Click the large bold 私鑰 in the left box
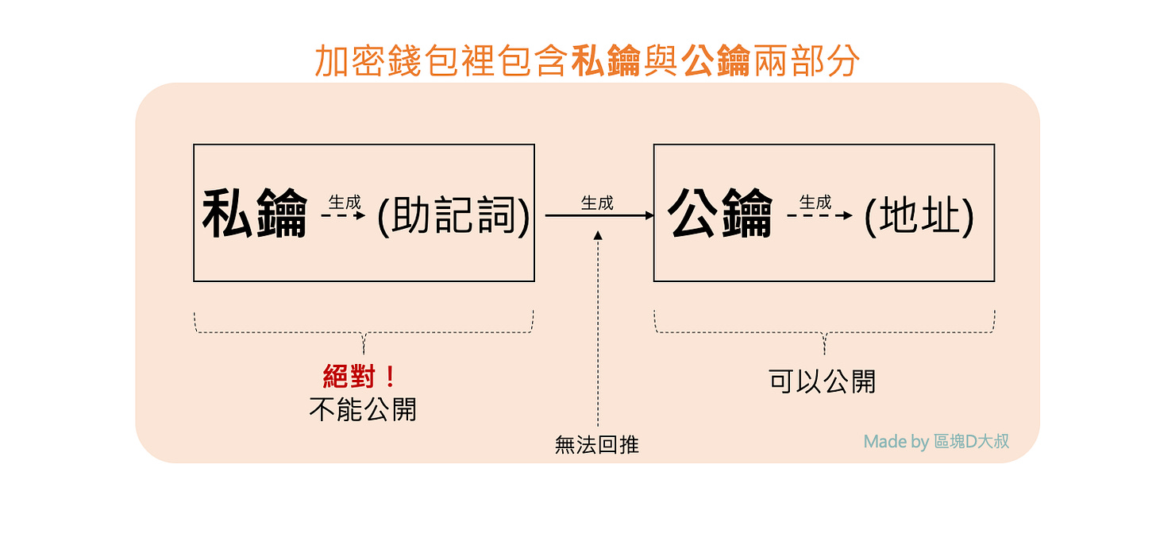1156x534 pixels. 255,214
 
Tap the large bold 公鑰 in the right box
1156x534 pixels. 720,213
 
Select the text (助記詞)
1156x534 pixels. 453,215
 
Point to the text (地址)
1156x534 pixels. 919,215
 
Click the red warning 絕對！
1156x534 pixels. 360,377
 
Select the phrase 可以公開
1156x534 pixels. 823,381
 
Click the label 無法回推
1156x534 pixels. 597,445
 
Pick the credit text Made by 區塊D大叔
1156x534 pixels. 936,441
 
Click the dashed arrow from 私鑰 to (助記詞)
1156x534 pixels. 343,215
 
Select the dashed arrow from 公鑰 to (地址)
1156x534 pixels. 820,215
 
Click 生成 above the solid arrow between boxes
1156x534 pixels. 597,203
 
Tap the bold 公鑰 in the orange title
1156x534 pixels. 716,61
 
